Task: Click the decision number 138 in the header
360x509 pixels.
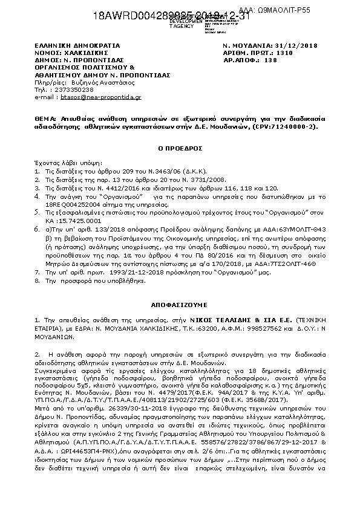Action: click(271, 60)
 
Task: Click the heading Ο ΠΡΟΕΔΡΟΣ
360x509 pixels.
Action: click(180, 148)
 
